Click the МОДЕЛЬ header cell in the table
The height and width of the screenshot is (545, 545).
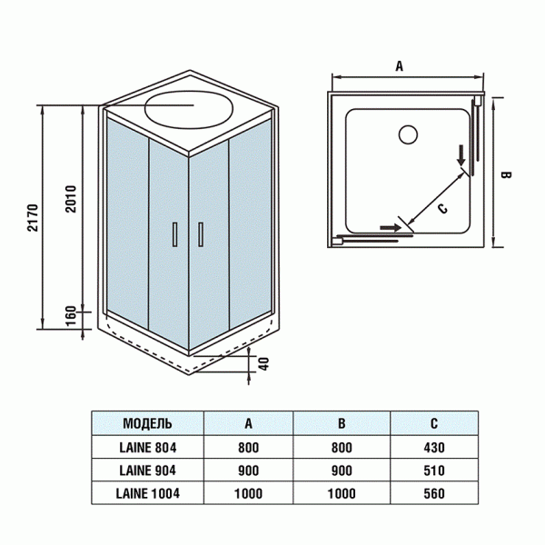pyautogui.click(x=147, y=423)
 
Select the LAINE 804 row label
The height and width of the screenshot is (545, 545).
pyautogui.click(x=147, y=447)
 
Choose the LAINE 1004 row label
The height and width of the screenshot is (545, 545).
pyautogui.click(x=147, y=493)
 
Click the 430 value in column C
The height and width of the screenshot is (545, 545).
pyautogui.click(x=432, y=447)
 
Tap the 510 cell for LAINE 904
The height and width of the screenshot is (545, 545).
pyautogui.click(x=432, y=471)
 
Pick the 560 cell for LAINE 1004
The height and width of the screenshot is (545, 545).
pyautogui.click(x=432, y=493)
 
